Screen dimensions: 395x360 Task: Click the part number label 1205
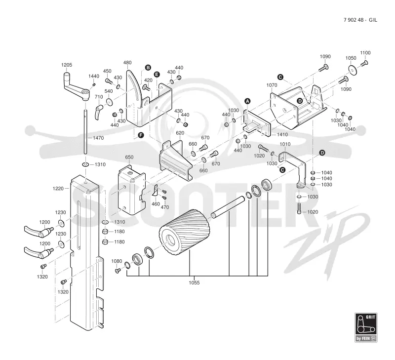tap(67, 65)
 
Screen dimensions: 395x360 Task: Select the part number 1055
tap(194, 282)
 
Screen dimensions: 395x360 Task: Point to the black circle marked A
tap(247, 101)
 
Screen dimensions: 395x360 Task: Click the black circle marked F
tap(141, 135)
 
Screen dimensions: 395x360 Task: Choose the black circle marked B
tap(148, 68)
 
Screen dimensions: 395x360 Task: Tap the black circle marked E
tap(157, 74)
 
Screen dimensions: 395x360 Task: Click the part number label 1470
tap(98, 138)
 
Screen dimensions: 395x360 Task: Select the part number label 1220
tap(58, 189)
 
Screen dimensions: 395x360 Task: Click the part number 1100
tap(365, 53)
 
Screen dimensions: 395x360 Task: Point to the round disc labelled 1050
tap(354, 70)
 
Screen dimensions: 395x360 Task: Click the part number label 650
tap(129, 157)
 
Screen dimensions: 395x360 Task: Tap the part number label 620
tap(180, 133)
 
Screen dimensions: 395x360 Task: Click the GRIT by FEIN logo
tap(366, 327)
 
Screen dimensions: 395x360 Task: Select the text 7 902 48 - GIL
tap(360, 20)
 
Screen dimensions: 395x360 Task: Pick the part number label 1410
tap(282, 134)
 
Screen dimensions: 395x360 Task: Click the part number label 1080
tap(117, 261)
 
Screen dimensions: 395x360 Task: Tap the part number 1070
tap(272, 85)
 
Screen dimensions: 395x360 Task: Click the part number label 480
tap(127, 63)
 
